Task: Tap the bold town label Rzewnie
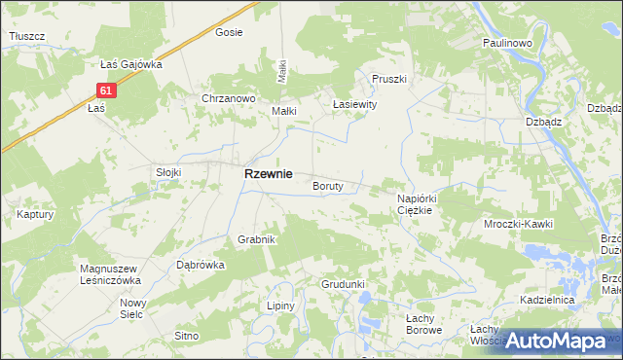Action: click(x=268, y=173)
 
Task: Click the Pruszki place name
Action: click(x=387, y=79)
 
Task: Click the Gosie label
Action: click(x=229, y=32)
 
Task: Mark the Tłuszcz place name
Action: click(x=27, y=36)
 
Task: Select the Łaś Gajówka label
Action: click(x=130, y=64)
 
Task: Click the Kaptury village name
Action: click(x=34, y=214)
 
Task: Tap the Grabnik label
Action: click(x=258, y=238)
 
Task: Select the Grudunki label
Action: click(x=343, y=284)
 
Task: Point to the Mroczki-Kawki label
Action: click(x=519, y=224)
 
